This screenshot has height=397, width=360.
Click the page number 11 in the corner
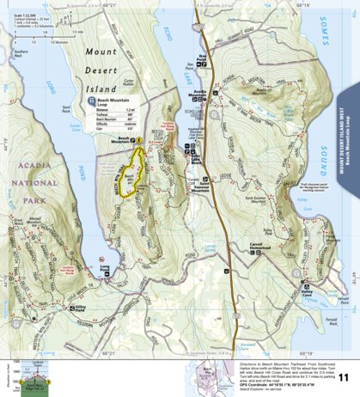pos(344,376)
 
